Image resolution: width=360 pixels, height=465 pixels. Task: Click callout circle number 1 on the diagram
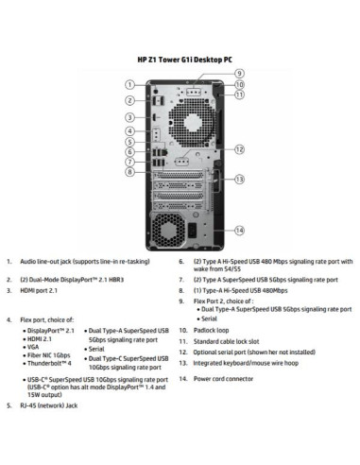129,85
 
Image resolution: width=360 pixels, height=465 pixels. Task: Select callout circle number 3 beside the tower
129,117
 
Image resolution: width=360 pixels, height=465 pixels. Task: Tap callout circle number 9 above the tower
239,74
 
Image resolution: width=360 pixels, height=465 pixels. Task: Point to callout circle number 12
239,148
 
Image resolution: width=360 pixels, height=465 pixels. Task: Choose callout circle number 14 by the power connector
239,230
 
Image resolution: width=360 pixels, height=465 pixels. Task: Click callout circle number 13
239,179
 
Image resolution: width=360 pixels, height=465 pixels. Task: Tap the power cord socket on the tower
195,230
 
